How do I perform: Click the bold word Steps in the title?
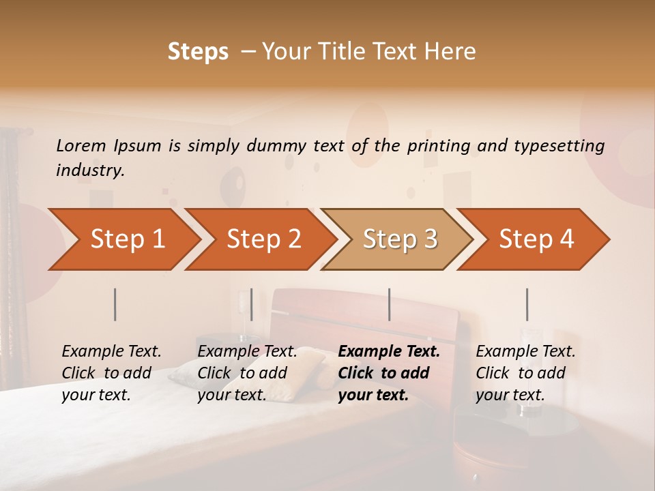point(198,52)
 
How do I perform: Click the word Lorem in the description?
point(81,145)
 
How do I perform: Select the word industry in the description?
point(90,170)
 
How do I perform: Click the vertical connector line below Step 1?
point(115,304)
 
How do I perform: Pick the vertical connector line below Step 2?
point(252,304)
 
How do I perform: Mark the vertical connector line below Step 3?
point(390,304)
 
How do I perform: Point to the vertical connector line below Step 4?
point(527,304)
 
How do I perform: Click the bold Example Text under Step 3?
point(389,352)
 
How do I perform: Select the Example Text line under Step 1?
point(111,352)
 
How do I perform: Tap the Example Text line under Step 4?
point(525,352)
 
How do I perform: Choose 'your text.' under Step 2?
point(231,396)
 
